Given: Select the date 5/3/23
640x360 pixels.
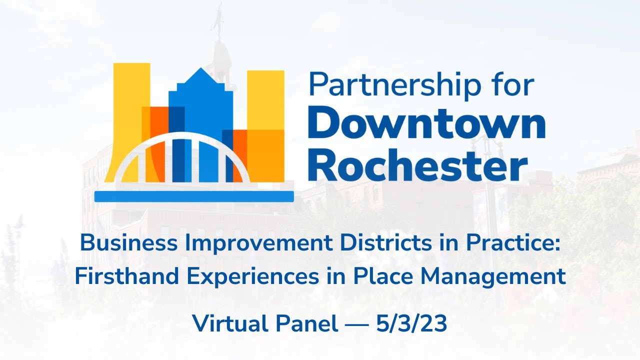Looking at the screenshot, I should [411, 324].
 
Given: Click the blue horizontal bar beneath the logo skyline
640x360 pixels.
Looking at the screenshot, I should [194, 196].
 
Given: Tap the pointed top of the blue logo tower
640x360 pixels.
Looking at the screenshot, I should [200, 70].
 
